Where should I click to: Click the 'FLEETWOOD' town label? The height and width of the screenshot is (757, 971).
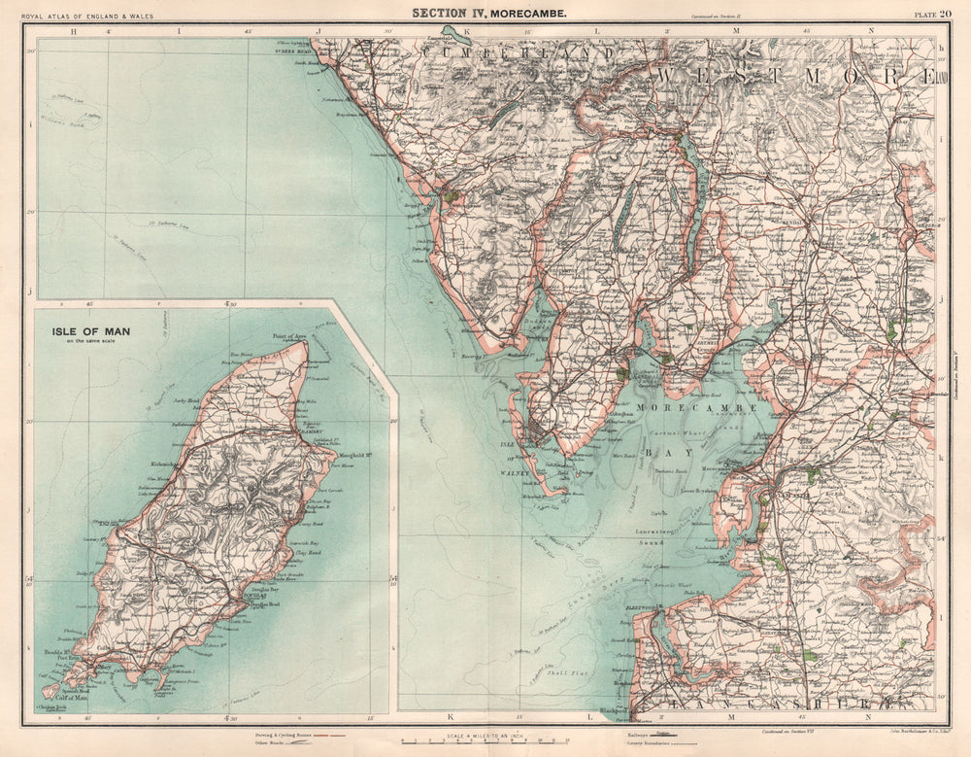coord(640,607)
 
